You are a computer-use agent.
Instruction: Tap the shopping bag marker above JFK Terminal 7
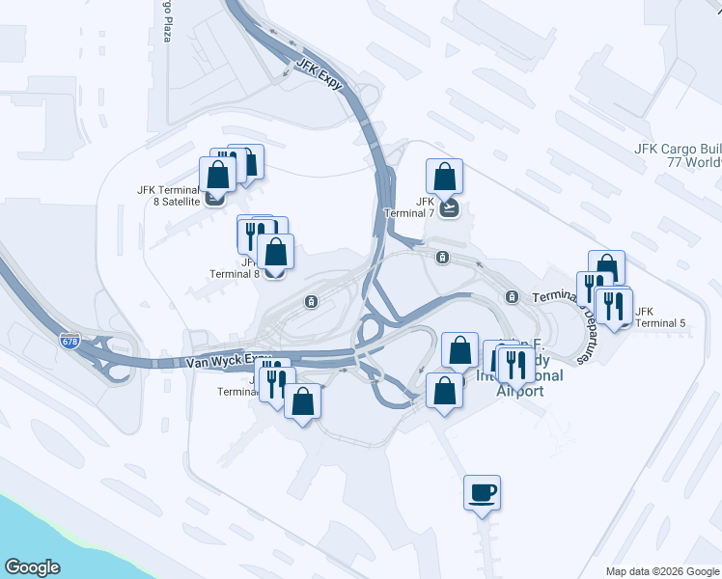tap(444, 178)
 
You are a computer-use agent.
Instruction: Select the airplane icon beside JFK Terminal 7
tap(447, 207)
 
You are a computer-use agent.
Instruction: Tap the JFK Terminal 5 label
tap(660, 317)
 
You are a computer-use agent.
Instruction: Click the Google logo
tap(32, 567)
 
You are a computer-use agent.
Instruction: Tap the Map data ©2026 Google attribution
tap(661, 571)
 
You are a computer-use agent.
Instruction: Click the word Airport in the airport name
tap(520, 390)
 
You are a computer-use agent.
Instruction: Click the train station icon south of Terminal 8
tap(311, 301)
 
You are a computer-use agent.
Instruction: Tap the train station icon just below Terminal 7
tap(442, 258)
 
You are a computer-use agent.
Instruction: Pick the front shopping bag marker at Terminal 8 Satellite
tap(217, 176)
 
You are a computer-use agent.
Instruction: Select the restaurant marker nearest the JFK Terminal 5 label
tap(614, 307)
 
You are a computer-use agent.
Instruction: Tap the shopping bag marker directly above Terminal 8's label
tap(275, 253)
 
